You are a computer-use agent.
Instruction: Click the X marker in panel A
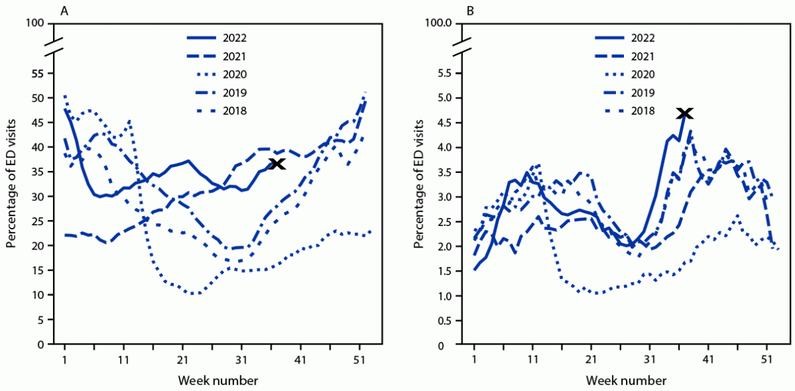[x=276, y=164]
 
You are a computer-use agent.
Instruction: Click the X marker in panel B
[x=685, y=113]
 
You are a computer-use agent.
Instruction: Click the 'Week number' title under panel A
[x=218, y=380]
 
